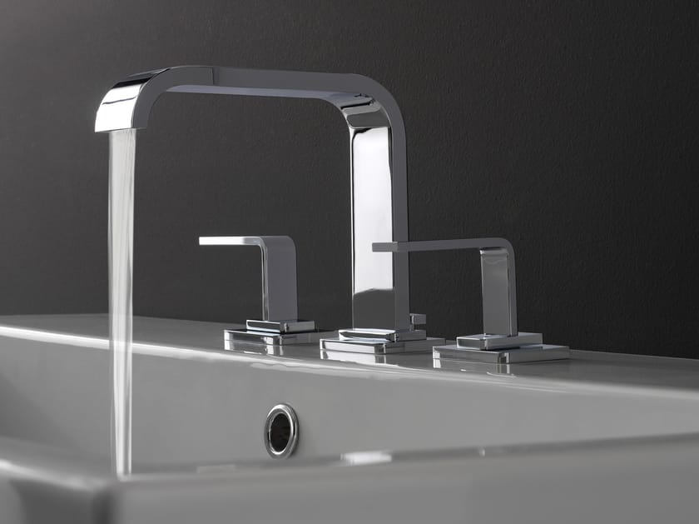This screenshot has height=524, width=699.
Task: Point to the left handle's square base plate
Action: pyautogui.click(x=266, y=336)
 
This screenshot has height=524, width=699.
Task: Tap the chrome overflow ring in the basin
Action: pyautogui.click(x=281, y=430)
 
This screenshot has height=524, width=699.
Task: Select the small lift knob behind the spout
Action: pyautogui.click(x=417, y=318)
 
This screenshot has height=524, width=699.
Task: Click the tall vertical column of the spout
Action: pyautogui.click(x=374, y=225)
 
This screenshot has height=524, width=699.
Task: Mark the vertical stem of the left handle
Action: pyautogui.click(x=280, y=279)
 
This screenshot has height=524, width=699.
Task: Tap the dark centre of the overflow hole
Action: pyautogui.click(x=281, y=431)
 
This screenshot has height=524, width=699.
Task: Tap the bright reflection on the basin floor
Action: pyautogui.click(x=366, y=457)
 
